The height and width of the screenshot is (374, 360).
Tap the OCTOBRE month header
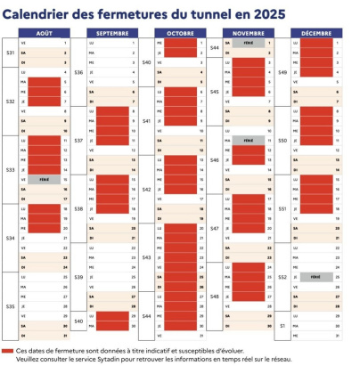click(x=181, y=32)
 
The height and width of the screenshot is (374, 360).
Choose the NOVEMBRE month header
click(x=248, y=32)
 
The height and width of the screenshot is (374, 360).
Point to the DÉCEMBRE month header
click(x=316, y=32)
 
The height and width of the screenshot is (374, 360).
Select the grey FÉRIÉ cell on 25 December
click(x=316, y=277)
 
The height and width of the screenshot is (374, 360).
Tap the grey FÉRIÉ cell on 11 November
click(x=248, y=140)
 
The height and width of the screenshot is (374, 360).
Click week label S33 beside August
click(x=11, y=169)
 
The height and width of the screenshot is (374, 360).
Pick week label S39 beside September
click(x=79, y=277)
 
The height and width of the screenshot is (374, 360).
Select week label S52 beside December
click(x=283, y=277)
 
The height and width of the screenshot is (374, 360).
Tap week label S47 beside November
click(x=215, y=228)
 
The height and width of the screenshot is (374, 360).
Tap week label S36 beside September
click(x=79, y=71)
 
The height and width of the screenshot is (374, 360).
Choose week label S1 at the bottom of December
click(x=283, y=326)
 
